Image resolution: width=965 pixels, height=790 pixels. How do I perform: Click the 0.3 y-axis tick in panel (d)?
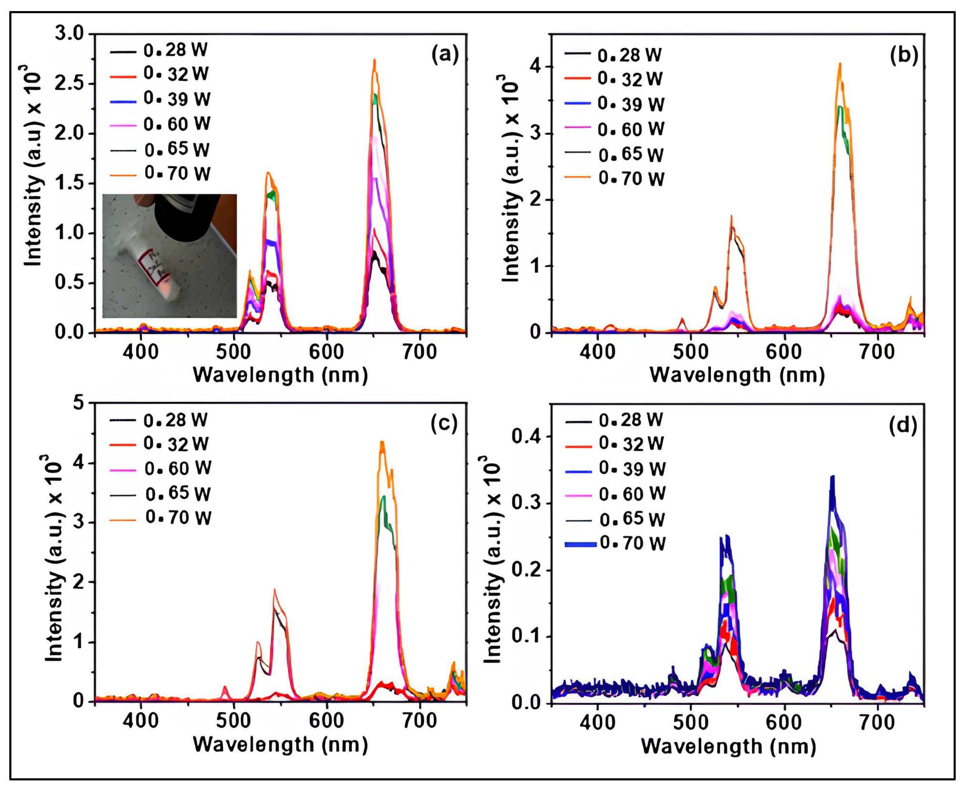526,504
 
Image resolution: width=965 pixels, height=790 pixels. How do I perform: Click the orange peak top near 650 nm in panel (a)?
374,61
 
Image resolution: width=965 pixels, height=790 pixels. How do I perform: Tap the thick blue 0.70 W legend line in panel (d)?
580,544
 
